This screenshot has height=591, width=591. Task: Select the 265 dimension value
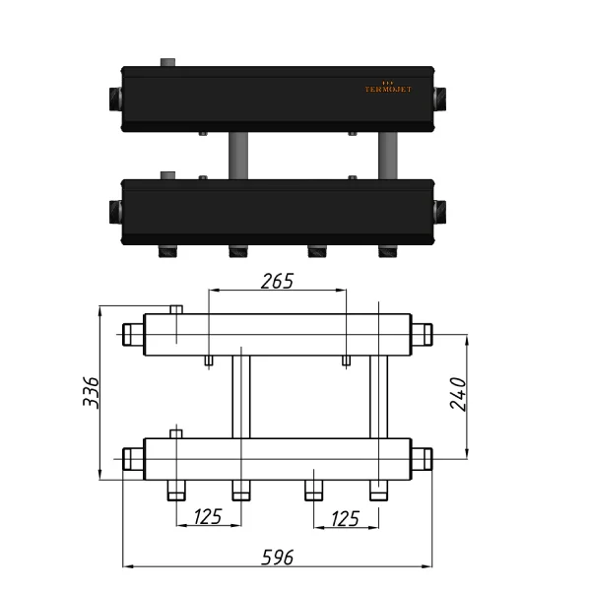278,281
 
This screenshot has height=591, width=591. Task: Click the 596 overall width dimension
278,558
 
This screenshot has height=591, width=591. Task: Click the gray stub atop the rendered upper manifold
168,64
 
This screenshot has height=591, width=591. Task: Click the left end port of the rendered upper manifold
113,98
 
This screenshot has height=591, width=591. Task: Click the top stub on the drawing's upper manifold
175,309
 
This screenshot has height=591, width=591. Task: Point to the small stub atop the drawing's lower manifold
175,433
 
